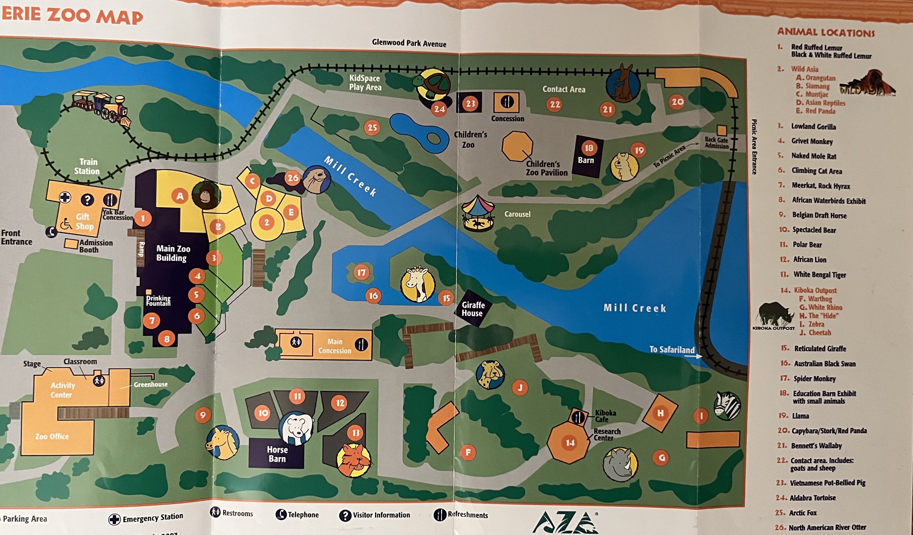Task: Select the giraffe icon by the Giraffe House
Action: pyautogui.click(x=418, y=284)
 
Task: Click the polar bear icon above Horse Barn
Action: pyautogui.click(x=296, y=428)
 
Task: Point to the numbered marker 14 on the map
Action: pyautogui.click(x=570, y=442)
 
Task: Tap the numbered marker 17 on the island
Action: pyautogui.click(x=361, y=272)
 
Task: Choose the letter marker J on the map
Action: pyautogui.click(x=520, y=388)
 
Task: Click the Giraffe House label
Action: pyautogui.click(x=472, y=309)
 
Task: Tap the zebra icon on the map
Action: pyautogui.click(x=727, y=406)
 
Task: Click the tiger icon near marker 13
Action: pyautogui.click(x=354, y=460)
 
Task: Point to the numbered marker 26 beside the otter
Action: pyautogui.click(x=293, y=178)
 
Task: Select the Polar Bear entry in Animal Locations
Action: pyautogui.click(x=807, y=245)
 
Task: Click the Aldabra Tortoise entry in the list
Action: pyautogui.click(x=813, y=498)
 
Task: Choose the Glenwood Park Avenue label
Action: pyautogui.click(x=409, y=43)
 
